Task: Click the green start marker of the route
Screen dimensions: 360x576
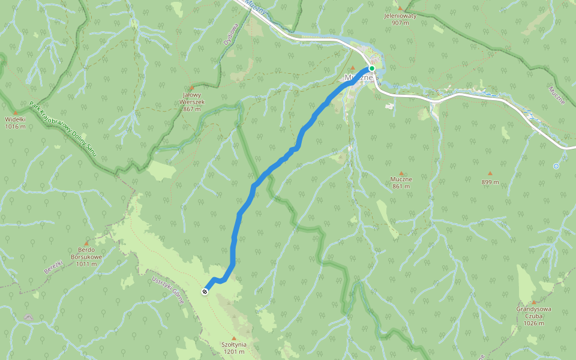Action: coord(372,69)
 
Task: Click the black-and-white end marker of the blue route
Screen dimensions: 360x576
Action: coord(205,292)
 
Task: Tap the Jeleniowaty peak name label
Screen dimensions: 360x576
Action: coord(400,16)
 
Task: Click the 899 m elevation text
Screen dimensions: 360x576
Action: coord(490,182)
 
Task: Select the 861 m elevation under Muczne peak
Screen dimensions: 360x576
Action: coord(401,186)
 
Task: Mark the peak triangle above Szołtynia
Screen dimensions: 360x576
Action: coord(233,338)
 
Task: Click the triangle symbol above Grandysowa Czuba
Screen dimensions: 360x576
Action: coord(533,302)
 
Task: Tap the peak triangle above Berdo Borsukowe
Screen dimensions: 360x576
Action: coord(86,243)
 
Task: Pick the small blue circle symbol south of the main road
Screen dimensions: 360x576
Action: coord(556,166)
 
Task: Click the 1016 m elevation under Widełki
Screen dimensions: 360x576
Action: coord(15,127)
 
